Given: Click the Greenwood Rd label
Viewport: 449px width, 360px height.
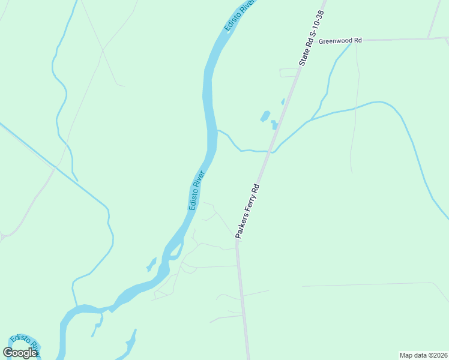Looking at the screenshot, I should point(340,41).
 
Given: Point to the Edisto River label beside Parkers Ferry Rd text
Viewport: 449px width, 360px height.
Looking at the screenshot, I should point(197,190).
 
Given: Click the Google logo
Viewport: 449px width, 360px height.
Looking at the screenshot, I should point(20,353).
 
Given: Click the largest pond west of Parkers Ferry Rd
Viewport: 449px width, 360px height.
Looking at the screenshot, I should point(265,116).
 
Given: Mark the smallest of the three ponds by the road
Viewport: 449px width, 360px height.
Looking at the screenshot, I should point(283,101).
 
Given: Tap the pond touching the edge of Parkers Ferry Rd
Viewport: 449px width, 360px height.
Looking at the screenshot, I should point(274,125).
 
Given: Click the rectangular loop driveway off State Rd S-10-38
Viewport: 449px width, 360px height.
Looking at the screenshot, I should point(289,73).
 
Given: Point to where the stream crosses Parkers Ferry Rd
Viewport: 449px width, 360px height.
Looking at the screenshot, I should point(271,151).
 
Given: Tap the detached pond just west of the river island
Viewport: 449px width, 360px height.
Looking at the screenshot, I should point(151,265).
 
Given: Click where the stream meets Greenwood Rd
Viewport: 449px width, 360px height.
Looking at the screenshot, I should point(351,42).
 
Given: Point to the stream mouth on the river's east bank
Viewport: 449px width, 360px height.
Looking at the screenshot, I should point(217,130).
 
